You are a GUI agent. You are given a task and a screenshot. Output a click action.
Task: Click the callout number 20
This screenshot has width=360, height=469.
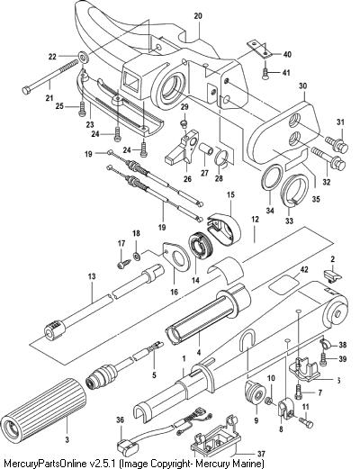[198, 16]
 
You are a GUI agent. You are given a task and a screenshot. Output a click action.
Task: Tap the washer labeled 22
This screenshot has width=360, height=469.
[83, 57]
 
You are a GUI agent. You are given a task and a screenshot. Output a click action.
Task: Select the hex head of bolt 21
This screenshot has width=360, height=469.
[26, 89]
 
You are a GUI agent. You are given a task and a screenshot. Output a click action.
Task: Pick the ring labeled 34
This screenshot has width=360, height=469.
[273, 177]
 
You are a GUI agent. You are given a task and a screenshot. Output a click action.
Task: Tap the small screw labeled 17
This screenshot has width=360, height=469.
[123, 264]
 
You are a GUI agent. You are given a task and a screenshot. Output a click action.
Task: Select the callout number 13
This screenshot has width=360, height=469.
[92, 275]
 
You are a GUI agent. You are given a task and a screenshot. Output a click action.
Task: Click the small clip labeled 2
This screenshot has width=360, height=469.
[333, 275]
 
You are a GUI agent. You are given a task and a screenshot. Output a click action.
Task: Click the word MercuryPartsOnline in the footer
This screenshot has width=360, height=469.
[43, 463]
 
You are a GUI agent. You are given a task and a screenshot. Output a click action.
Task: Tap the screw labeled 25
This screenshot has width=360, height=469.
[82, 109]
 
